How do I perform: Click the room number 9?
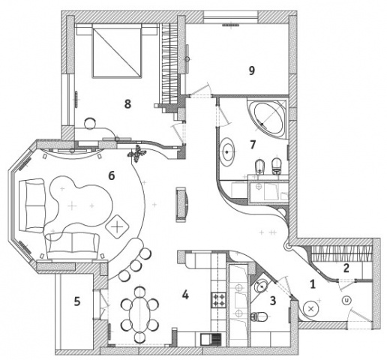pos(251,70)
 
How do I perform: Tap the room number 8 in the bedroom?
pos(127,103)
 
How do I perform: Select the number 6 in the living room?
pos(112,175)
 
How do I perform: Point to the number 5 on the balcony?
pos(77,301)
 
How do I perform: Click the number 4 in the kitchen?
pos(185,295)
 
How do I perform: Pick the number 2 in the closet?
pos(346,268)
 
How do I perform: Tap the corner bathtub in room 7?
pos(268,117)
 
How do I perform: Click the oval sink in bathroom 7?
pos(227,152)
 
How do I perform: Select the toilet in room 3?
pos(259,316)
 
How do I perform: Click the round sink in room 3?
pos(261,286)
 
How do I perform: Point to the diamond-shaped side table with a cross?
pos(117,226)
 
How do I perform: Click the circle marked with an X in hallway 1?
pos(311,308)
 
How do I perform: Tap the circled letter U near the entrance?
pos(346,300)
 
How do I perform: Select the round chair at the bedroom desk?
pos(90,123)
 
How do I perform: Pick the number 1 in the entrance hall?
pos(313,284)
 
